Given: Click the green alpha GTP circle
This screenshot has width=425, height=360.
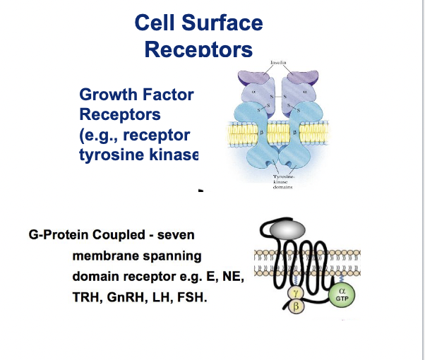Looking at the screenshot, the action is (342, 294).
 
